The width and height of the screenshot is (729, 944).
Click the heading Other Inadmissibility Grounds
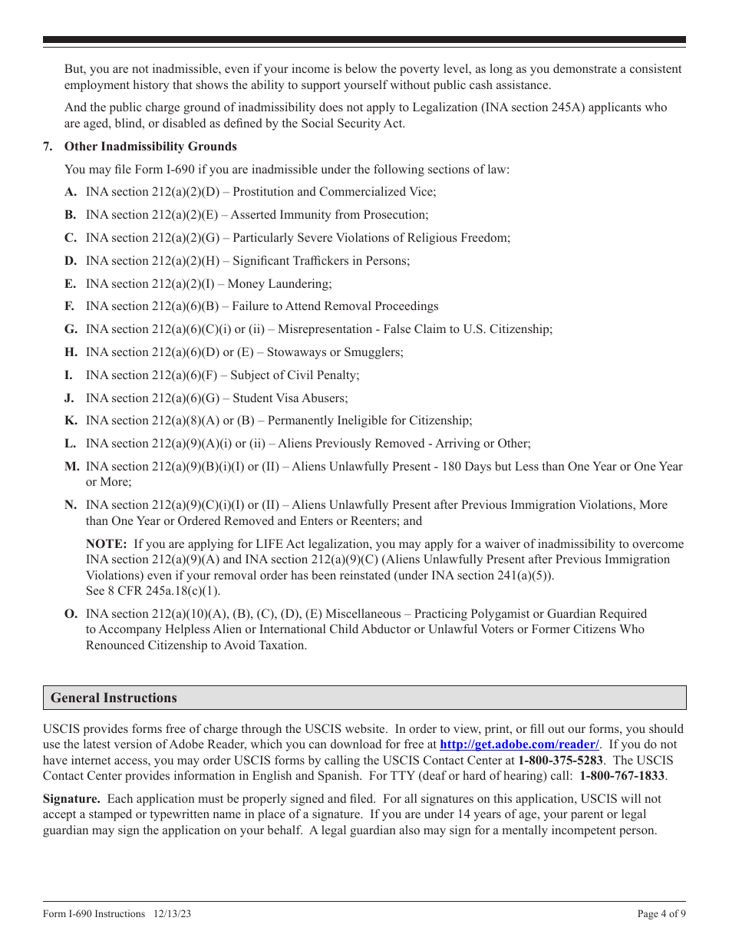click(x=150, y=147)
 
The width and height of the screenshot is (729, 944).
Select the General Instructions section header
click(x=114, y=698)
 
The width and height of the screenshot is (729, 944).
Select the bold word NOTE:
click(x=106, y=544)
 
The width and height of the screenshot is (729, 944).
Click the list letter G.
click(x=71, y=329)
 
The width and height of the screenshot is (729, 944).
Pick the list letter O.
click(x=71, y=614)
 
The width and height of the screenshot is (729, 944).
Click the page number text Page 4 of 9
click(x=661, y=914)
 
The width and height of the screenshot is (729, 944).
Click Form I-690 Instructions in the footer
click(x=94, y=914)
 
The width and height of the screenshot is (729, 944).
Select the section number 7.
click(x=48, y=147)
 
